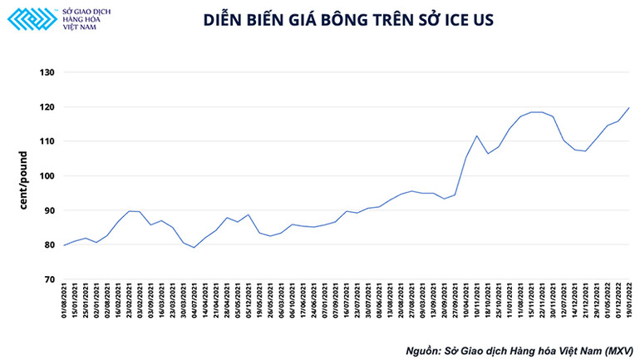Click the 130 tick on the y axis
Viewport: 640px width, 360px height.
pyautogui.click(x=47, y=72)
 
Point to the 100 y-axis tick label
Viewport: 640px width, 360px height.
pyautogui.click(x=47, y=176)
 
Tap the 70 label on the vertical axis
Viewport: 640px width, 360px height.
pyautogui.click(x=49, y=280)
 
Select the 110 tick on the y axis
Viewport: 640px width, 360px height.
pyautogui.click(x=47, y=141)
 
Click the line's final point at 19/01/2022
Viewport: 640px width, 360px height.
pyautogui.click(x=628, y=108)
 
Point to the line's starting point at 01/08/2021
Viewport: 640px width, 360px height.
pyautogui.click(x=64, y=245)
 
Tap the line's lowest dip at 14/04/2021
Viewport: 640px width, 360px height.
pyautogui.click(x=194, y=248)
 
